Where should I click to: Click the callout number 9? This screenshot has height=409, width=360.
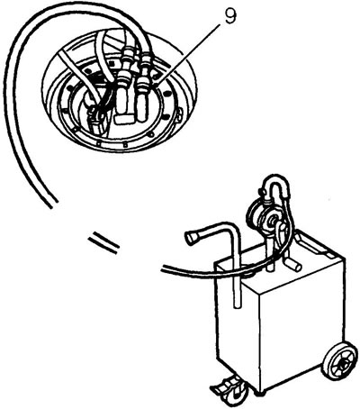coord(230,16)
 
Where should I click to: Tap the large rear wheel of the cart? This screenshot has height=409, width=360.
coord(339,360)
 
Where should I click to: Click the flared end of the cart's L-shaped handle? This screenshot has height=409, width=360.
coord(192,237)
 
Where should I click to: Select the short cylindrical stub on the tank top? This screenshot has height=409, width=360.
coord(292,264)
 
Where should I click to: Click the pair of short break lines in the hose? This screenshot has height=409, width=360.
coord(103,243)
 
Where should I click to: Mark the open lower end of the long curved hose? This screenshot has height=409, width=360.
coord(53,204)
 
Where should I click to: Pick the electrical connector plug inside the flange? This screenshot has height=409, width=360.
coord(97,122)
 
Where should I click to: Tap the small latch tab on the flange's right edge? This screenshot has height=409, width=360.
coord(179,114)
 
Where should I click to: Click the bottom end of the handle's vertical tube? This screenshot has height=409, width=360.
coord(237,305)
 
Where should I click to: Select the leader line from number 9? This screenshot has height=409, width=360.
coord(187,51)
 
